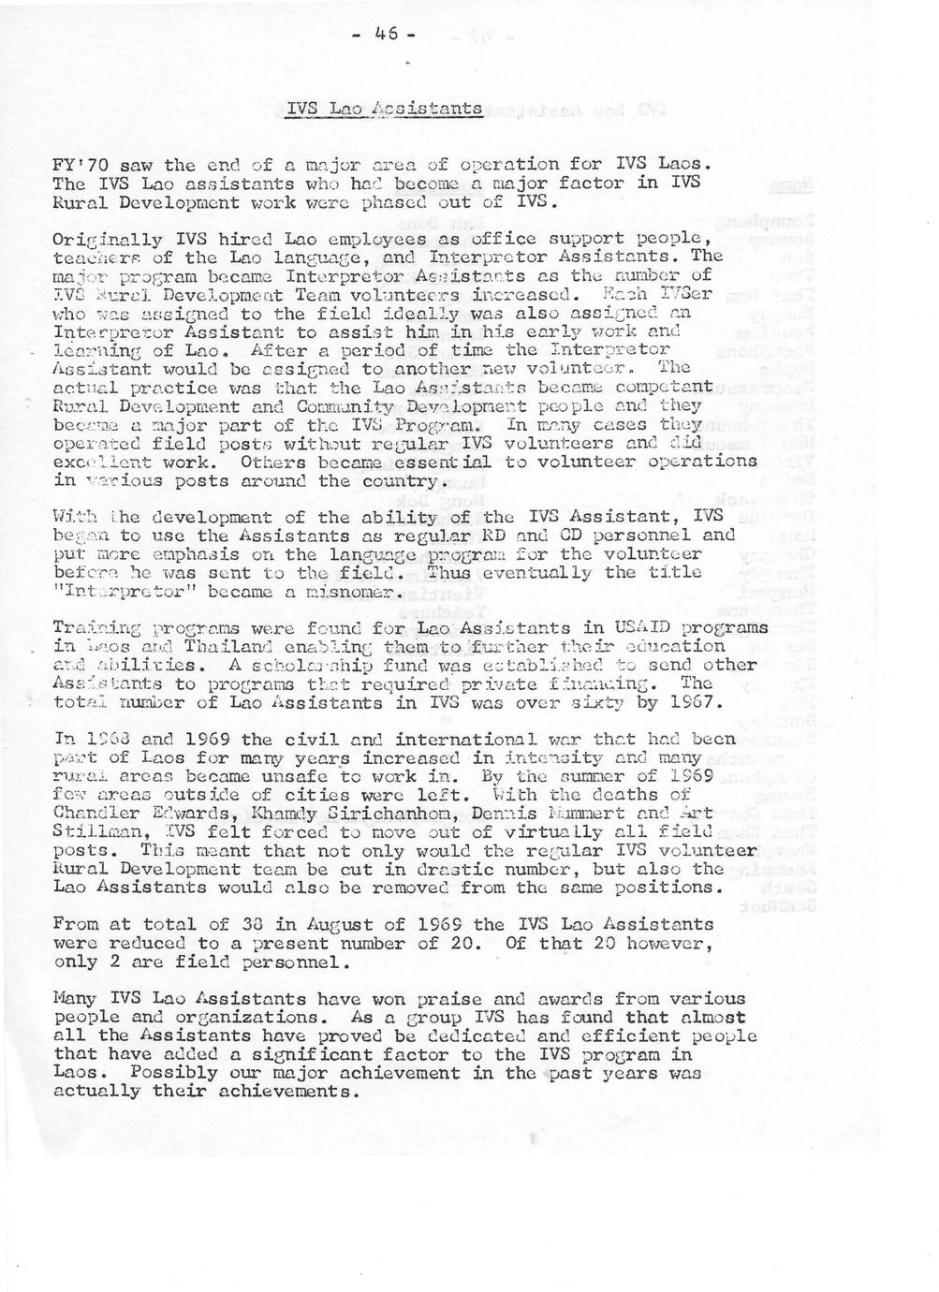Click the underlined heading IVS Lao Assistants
(x=384, y=109)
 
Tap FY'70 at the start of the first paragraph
(x=81, y=165)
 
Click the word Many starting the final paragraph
(x=73, y=999)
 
